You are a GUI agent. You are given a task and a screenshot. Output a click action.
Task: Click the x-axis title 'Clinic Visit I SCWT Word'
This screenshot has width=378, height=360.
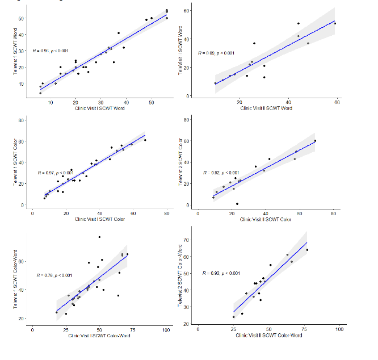[x=99, y=108]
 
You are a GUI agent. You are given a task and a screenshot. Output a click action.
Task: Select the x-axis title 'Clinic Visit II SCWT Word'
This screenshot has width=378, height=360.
[x=267, y=108]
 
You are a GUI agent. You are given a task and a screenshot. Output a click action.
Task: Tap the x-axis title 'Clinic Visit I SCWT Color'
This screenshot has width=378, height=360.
[x=99, y=219]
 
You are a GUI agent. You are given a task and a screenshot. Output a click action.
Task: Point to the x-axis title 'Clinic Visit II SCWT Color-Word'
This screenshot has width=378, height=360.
[x=268, y=335]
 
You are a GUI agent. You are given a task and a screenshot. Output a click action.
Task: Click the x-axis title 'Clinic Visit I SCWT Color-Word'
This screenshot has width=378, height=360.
[x=99, y=336]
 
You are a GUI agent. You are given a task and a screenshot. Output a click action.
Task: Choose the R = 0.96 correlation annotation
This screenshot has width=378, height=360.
[x=51, y=51]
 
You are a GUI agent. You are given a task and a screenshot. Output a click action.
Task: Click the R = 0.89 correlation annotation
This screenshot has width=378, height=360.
[x=216, y=53]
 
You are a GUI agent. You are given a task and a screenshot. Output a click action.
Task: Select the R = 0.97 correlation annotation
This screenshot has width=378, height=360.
[x=55, y=173]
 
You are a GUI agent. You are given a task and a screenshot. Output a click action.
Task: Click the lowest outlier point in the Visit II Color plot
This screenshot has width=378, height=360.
[x=237, y=204]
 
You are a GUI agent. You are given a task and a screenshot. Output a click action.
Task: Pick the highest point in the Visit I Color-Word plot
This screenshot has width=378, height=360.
[x=99, y=237]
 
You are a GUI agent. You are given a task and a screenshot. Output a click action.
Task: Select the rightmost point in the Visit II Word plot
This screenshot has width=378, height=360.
[x=335, y=23]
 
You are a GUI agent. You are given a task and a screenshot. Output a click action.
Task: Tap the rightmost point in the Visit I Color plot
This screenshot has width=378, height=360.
[x=145, y=140]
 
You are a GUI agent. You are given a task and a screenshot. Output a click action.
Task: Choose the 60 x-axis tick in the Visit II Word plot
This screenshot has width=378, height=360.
[x=337, y=102]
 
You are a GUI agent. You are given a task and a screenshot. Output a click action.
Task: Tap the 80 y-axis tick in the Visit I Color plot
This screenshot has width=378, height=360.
[x=22, y=120]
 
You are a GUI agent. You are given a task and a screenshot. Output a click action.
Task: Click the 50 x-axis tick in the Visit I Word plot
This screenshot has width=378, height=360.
[x=152, y=102]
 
